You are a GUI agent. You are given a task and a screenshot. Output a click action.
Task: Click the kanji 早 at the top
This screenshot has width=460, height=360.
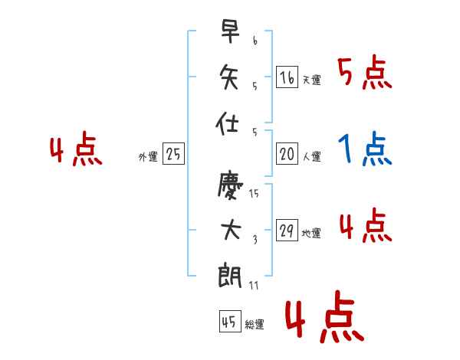[x=230, y=31]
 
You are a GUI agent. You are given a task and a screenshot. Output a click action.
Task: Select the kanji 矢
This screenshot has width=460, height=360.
[x=228, y=77]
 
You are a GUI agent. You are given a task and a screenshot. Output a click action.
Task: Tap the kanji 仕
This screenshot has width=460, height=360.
[x=227, y=123]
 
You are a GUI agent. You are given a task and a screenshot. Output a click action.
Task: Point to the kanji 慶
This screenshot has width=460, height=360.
[x=230, y=185]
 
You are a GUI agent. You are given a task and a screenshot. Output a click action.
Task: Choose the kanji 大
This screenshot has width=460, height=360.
[x=231, y=230]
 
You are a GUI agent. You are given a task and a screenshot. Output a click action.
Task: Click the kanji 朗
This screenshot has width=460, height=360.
[x=230, y=275]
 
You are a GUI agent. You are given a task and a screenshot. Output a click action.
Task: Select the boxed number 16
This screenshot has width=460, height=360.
[x=287, y=77]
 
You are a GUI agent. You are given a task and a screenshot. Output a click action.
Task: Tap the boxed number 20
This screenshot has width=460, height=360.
[x=287, y=154]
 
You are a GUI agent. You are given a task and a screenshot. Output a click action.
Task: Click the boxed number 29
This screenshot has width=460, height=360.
[x=287, y=230]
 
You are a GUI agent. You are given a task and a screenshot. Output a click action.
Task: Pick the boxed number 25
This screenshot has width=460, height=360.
[x=173, y=154]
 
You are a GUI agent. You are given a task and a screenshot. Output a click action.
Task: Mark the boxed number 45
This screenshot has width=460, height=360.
[x=230, y=321]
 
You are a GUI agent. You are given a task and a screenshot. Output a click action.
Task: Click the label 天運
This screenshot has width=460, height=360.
[x=312, y=80]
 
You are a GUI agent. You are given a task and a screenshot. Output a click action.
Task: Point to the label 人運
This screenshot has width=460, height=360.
[x=312, y=156]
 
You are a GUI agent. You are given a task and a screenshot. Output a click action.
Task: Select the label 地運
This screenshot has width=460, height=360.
[x=311, y=233]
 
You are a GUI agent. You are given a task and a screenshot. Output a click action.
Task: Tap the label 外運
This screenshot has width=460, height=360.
[x=148, y=157]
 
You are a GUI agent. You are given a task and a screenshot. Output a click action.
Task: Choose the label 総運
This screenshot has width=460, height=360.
[x=255, y=324]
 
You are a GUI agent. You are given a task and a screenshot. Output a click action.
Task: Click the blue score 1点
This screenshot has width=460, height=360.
[x=365, y=149]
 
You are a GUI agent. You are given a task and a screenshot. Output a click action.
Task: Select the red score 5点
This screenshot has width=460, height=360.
[x=365, y=72]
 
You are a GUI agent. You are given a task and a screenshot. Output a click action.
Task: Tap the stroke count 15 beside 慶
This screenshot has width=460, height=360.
[x=254, y=193]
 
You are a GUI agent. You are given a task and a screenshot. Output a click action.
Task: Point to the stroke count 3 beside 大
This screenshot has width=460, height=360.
[x=255, y=240]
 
